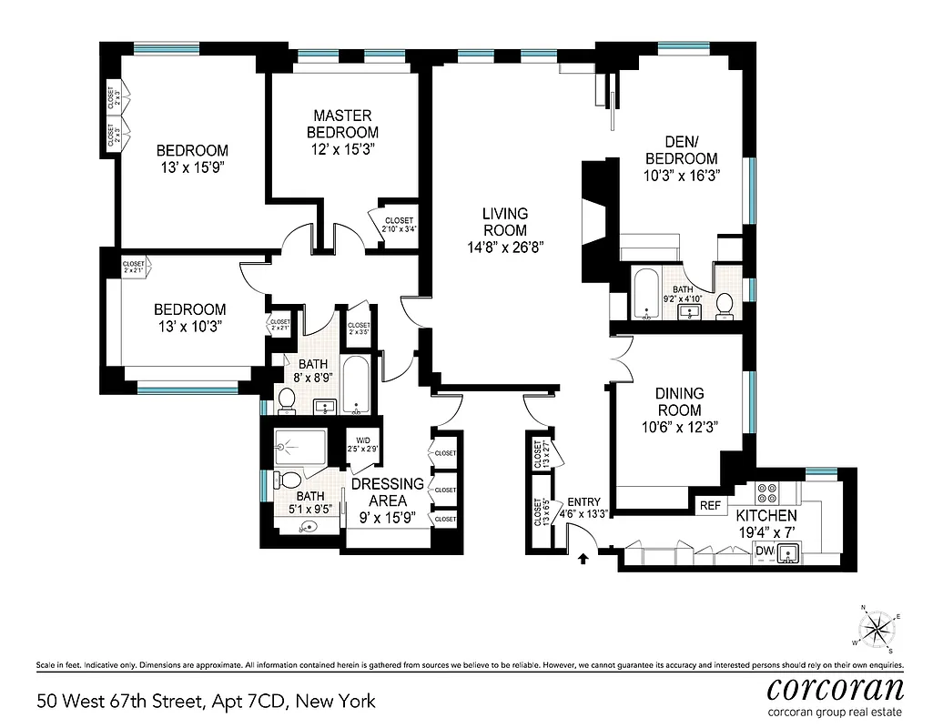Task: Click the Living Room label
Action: click(504, 221)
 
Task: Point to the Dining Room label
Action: click(680, 401)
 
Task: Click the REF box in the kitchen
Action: click(709, 505)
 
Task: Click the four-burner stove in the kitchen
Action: click(766, 493)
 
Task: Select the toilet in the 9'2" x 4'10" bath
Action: click(725, 305)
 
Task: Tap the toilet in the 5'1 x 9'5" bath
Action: click(289, 480)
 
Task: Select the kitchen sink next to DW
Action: click(789, 551)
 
